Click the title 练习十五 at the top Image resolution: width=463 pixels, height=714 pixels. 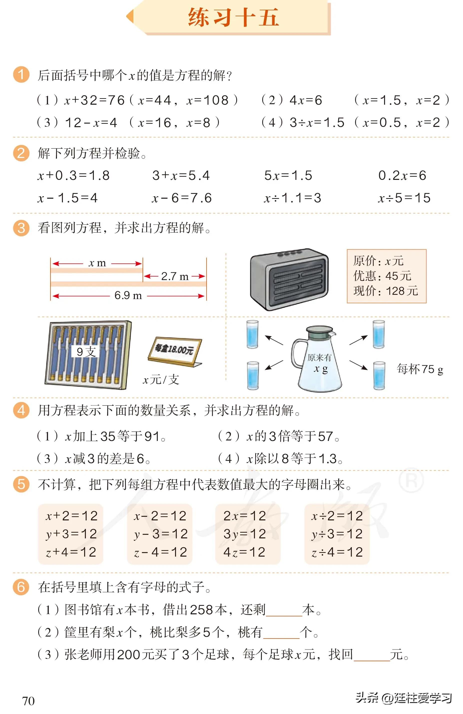coord(233,17)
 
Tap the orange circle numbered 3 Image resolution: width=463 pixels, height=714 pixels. coord(21,228)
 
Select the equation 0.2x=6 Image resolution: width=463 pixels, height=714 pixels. coord(402,175)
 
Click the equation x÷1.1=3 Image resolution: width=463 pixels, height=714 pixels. coord(292,198)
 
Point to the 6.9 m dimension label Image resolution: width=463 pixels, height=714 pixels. coord(128,296)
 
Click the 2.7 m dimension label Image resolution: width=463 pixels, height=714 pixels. coord(175,276)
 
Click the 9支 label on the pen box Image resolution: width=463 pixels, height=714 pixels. coord(86,352)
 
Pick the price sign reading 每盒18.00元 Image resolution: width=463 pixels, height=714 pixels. coord(174,350)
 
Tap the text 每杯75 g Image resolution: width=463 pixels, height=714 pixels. coord(420,369)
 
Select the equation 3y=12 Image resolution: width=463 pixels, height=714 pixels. coord(244,534)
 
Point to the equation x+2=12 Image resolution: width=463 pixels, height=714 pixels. coord(72,516)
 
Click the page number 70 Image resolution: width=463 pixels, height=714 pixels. coord(28,701)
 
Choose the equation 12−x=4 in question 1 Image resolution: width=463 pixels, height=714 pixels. coord(91,123)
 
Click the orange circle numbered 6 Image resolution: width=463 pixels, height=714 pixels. coord(21,587)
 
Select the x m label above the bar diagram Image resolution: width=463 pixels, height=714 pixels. coord(97,263)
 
